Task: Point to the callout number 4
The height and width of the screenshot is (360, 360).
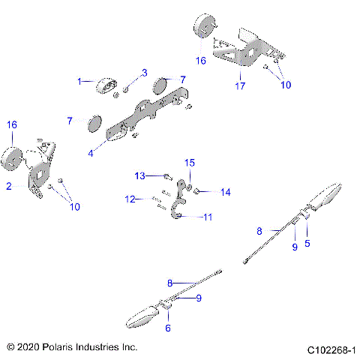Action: pyautogui.click(x=90, y=152)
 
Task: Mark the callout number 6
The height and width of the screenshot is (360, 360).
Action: pyautogui.click(x=168, y=328)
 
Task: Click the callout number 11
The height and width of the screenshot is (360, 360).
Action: pyautogui.click(x=208, y=217)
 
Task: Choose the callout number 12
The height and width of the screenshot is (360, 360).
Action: pyautogui.click(x=130, y=199)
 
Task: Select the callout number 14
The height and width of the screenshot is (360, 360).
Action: pyautogui.click(x=226, y=193)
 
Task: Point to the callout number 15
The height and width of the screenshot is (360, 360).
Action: pyautogui.click(x=190, y=162)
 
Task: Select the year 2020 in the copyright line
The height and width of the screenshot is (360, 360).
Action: pyautogui.click(x=30, y=348)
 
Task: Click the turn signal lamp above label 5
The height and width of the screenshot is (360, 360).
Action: pyautogui.click(x=327, y=196)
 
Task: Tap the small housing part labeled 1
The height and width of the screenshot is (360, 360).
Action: pyautogui.click(x=105, y=87)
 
